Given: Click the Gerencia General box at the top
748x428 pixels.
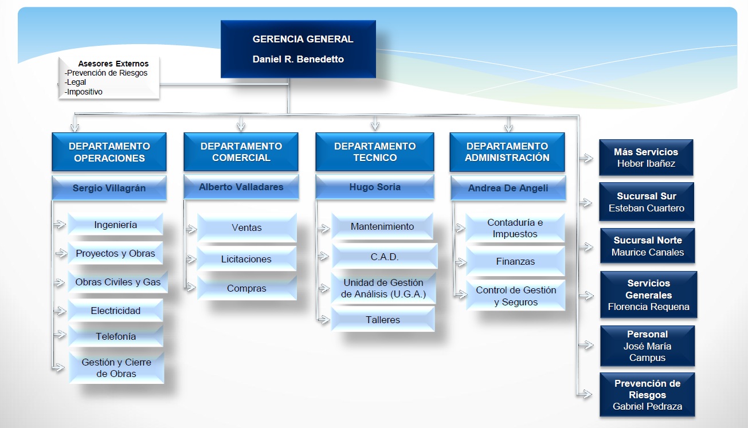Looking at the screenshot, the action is coord(298,49).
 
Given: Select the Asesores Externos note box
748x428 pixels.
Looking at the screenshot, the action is coord(109,78).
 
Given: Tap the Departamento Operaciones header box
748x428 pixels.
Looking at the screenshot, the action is coord(109,152).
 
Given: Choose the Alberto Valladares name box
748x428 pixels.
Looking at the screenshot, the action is coord(241,187).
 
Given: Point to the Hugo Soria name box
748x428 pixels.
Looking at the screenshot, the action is coord(375,187).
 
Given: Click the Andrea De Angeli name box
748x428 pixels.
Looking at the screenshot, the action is coord(508,188).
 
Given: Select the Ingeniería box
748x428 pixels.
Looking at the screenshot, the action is coord(116,225).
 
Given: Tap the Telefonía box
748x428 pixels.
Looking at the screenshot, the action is coord(116,336).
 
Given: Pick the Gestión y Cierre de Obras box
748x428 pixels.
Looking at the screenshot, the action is coord(116,368).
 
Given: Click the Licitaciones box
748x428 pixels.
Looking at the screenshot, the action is coord(246,259).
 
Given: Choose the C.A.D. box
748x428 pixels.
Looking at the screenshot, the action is coord(385,257).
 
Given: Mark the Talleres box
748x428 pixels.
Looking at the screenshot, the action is coord(383,320).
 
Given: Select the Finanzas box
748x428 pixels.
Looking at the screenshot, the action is coord(515,261).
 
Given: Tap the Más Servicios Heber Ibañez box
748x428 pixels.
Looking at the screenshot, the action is coord(646,158).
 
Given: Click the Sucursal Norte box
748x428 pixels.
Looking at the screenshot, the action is coord(648,246).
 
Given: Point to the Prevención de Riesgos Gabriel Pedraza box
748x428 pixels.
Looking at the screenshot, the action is coord(647,395).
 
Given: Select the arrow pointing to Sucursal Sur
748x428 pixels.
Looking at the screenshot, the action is coord(585,203).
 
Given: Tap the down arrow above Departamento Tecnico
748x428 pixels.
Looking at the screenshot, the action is coord(375,123).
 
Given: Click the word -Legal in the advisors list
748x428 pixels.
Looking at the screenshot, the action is coord(75,82).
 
